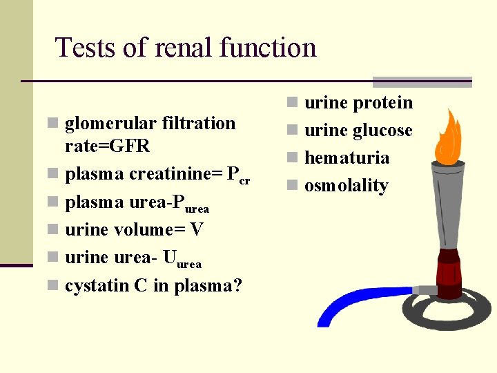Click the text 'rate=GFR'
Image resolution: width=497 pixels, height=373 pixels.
(x=107, y=146)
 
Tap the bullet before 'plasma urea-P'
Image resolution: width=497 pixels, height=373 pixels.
(x=52, y=202)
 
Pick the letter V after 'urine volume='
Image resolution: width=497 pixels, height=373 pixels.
(x=196, y=229)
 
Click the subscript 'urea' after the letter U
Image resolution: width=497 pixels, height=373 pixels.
(x=189, y=263)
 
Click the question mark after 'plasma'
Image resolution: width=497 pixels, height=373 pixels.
(x=237, y=285)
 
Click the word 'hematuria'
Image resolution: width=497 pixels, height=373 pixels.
(x=347, y=158)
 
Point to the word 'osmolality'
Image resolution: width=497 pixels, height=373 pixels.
(x=347, y=186)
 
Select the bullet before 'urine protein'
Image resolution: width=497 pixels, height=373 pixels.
(x=293, y=103)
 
